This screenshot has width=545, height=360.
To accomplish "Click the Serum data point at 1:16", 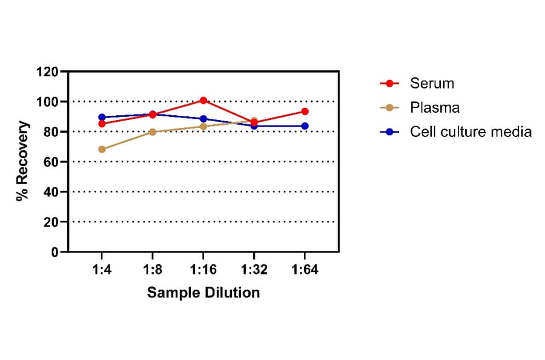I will (x=203, y=101).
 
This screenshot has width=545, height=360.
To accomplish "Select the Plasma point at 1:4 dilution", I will (x=102, y=149).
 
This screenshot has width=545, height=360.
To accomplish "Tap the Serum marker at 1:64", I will (x=305, y=112).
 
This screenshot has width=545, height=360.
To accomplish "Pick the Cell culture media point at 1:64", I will (x=305, y=126).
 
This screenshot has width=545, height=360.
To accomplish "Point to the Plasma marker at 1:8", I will (x=153, y=132).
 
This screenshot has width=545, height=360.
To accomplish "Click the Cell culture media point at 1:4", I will (x=102, y=118).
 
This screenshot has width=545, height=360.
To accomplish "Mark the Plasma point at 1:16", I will (x=203, y=127).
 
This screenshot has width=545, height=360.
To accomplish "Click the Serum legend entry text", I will (x=432, y=83).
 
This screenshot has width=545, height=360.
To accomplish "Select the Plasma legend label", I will (x=434, y=108).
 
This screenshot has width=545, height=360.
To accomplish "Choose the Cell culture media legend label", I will (x=471, y=132).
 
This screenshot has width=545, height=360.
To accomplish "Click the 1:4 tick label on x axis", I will (x=102, y=269).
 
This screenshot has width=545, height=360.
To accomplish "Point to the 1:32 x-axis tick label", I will (x=254, y=269).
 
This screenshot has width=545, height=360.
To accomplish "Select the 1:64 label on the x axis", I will (x=305, y=269).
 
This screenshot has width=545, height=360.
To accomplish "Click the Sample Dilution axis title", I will (x=203, y=293).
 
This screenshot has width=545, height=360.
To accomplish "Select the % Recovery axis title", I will (x=23, y=161).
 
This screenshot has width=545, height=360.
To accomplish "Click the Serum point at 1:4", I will (x=102, y=124).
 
